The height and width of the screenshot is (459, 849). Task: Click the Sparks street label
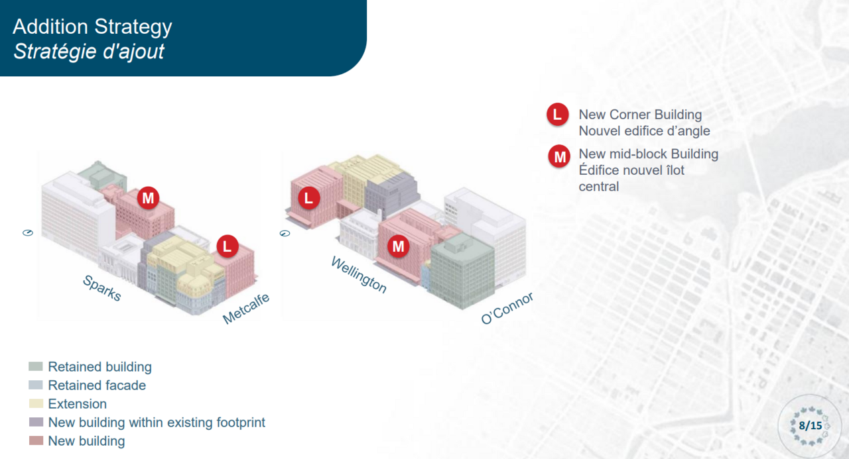[102, 288]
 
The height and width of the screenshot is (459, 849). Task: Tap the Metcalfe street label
[246, 309]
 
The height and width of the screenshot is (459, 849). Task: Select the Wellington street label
[359, 275]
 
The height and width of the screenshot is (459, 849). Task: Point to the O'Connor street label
[507, 308]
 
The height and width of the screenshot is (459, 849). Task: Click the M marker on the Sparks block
[148, 198]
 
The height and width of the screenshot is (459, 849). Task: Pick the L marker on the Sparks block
[228, 246]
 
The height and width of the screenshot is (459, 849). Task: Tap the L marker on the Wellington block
[309, 198]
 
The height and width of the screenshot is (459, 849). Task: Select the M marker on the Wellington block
[399, 246]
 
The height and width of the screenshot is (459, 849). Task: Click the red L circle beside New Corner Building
[558, 115]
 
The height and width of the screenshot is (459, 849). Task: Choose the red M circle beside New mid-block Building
[559, 156]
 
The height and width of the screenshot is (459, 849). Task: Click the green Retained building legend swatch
[36, 366]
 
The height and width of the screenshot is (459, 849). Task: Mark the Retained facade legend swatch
[36, 385]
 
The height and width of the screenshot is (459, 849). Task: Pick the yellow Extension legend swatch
[36, 403]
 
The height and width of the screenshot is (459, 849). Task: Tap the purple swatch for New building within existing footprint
[36, 422]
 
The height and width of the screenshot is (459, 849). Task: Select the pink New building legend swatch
[36, 440]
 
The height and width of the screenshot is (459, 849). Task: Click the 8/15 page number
[811, 426]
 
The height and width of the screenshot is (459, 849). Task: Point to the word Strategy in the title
[133, 27]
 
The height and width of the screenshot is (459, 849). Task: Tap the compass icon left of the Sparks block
[28, 232]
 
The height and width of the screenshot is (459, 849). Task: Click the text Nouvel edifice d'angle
[644, 131]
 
